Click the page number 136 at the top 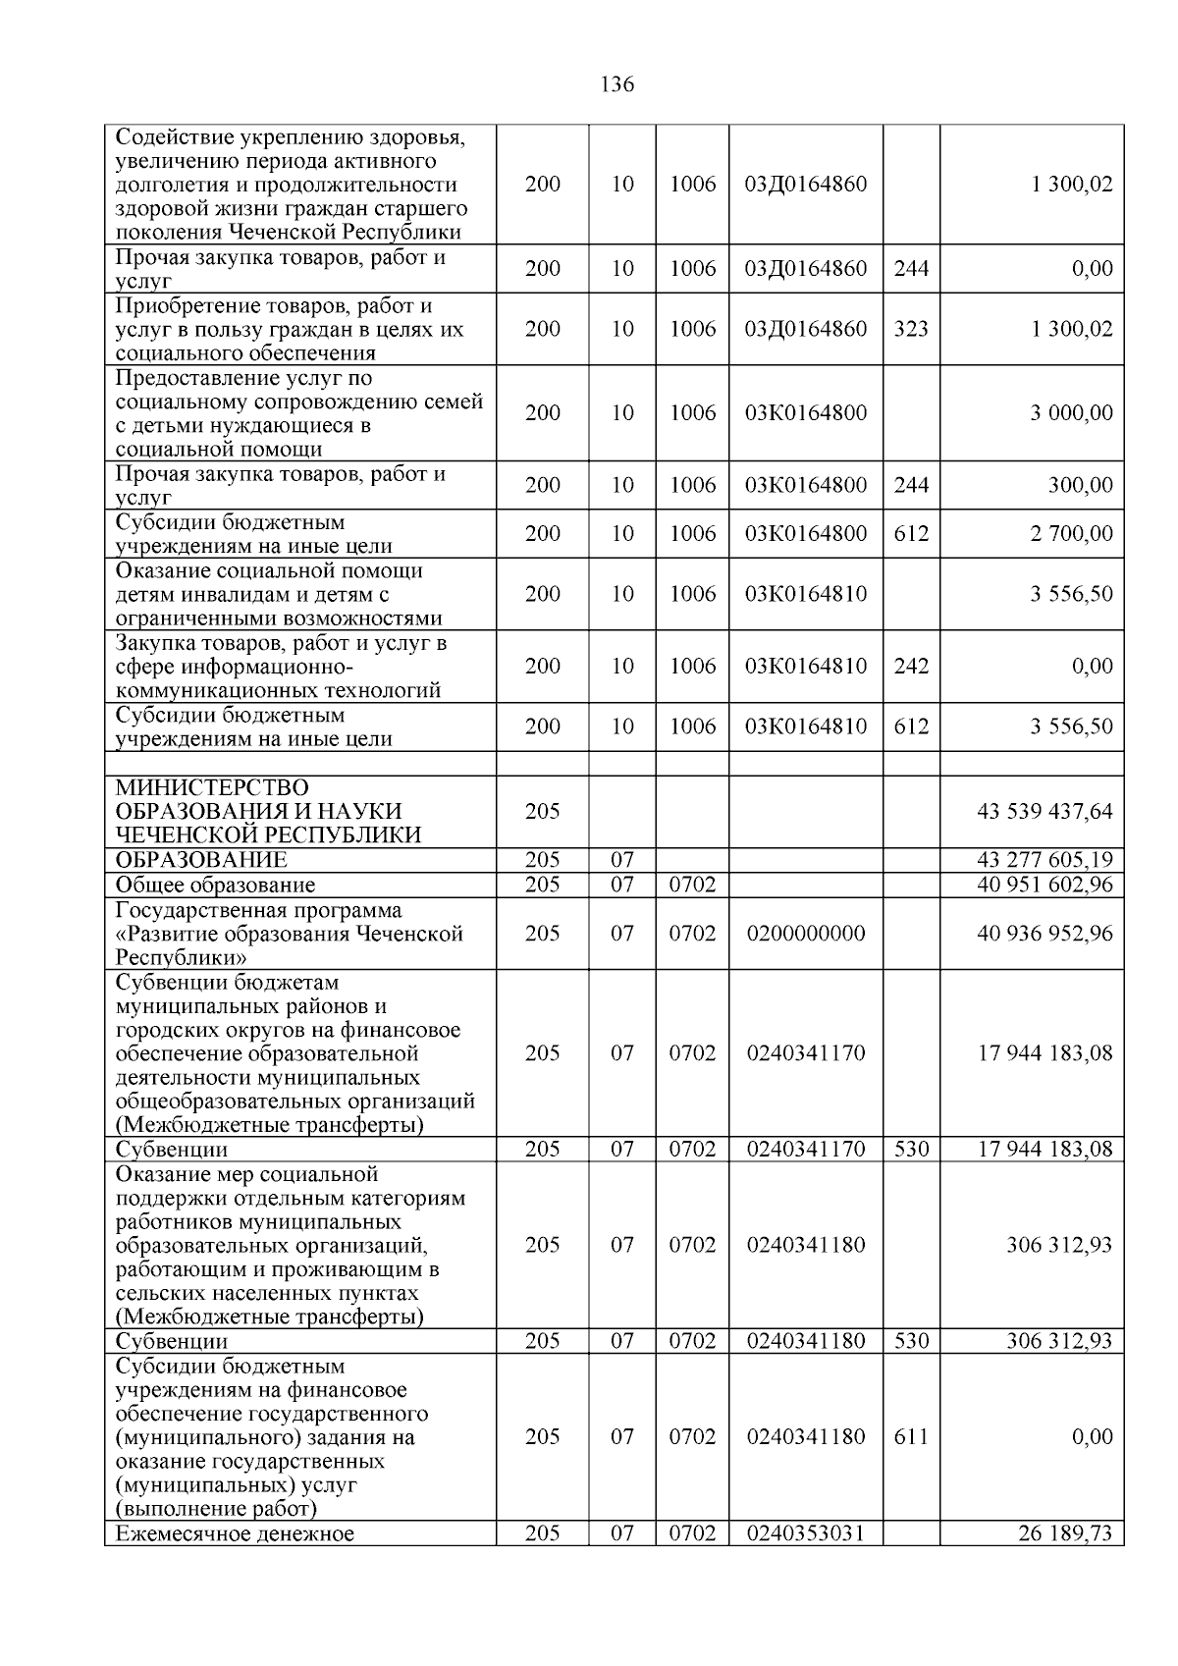616,84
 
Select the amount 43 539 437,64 1044,811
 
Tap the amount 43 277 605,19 1044,860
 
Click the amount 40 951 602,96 1044,885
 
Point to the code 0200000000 806,933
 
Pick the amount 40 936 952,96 1044,933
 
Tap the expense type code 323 911,329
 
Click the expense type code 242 911,666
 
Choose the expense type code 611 911,1436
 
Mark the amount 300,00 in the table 1080,485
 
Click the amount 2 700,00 1071,533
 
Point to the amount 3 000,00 1071,412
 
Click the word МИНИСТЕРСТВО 212,788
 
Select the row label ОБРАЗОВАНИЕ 201,860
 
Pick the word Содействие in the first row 171,137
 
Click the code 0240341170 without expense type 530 806,1052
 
